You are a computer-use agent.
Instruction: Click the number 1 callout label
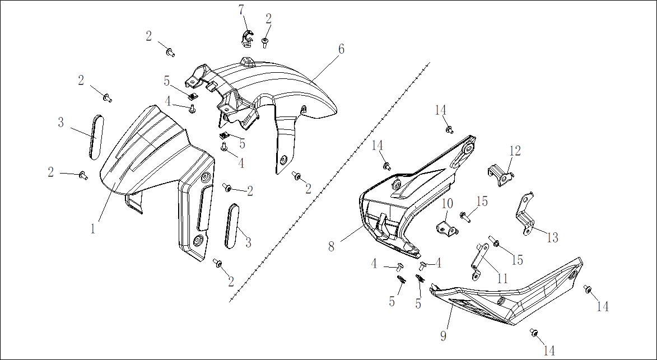[93, 228]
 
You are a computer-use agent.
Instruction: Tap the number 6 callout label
[342, 49]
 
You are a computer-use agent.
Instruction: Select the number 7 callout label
[241, 10]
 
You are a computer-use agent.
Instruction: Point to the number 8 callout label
[332, 246]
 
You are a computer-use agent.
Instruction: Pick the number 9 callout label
[443, 335]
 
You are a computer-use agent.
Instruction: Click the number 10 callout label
[448, 204]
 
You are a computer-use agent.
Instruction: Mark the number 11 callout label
[502, 278]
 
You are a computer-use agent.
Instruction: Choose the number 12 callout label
[515, 151]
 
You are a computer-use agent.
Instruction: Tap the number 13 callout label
[553, 238]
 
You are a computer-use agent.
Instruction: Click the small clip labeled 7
[247, 38]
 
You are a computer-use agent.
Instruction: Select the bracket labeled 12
[501, 175]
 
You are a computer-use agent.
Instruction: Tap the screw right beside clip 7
[265, 43]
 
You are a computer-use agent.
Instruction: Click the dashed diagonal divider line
[330, 182]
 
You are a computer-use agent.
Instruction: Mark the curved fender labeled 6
[268, 105]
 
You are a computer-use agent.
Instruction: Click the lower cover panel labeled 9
[507, 297]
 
